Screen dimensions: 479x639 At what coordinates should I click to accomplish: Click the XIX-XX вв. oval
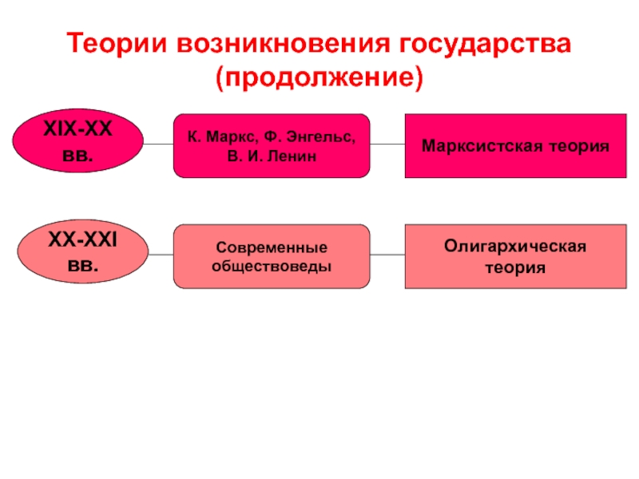[77, 144]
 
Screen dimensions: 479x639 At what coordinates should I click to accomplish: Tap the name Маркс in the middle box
[232, 137]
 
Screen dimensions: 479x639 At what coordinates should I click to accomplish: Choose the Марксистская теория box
[515, 146]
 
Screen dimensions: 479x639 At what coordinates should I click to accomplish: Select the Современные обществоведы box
[272, 256]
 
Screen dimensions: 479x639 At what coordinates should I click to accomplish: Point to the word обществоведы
[272, 265]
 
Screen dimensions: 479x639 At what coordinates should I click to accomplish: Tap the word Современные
[272, 247]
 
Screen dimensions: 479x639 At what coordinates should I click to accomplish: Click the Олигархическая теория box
[515, 256]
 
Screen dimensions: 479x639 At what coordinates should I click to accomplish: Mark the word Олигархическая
[515, 247]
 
